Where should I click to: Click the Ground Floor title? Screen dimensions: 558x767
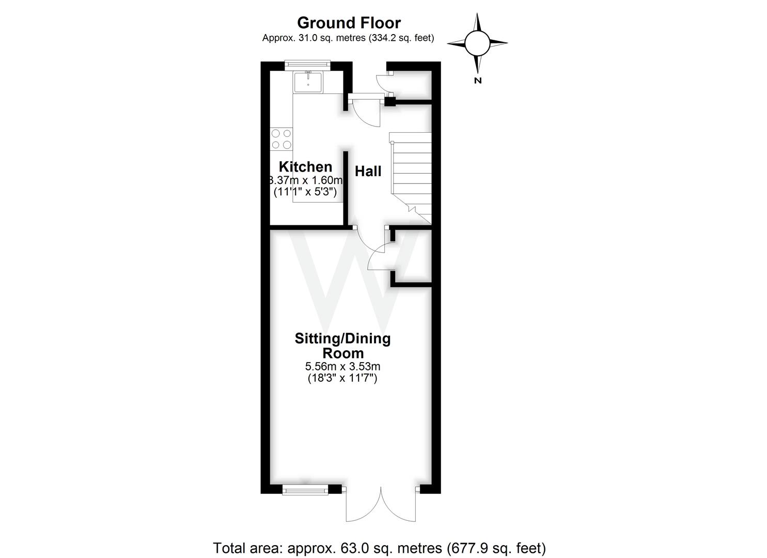[x=349, y=23]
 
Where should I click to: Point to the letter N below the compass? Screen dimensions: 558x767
[x=478, y=80]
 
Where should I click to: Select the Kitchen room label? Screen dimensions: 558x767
[x=305, y=167]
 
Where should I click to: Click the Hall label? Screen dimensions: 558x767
[x=368, y=172]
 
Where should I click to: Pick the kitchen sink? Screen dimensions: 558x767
[x=307, y=82]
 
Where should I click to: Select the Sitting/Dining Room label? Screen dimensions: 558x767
[x=342, y=346]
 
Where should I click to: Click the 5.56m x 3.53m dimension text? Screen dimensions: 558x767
[x=342, y=367]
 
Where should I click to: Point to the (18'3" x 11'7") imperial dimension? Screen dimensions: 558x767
[x=342, y=378]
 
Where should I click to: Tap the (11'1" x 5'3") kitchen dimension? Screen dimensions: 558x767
[x=305, y=192]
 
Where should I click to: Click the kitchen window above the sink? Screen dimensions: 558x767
[x=308, y=64]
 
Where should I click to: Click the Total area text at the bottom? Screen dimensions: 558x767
[x=380, y=548]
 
